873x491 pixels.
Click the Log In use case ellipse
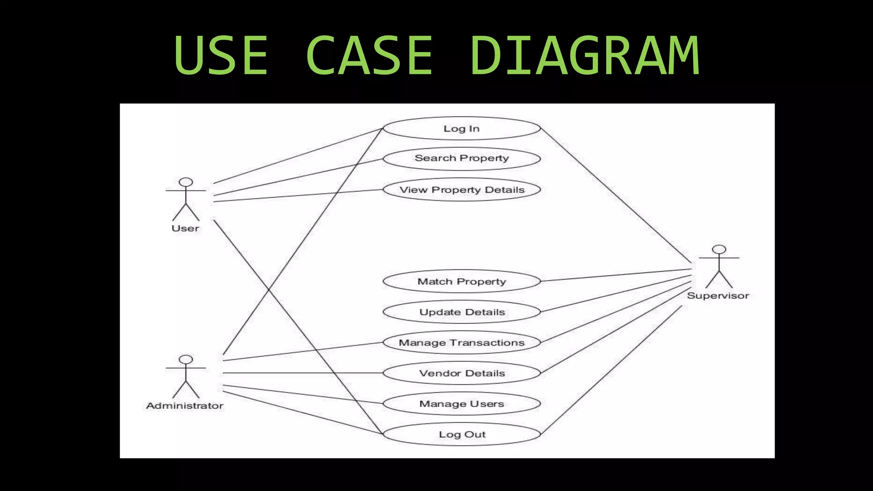coord(462,128)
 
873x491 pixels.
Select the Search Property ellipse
coord(462,159)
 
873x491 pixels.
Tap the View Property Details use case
coord(462,190)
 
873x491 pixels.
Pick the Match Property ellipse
coord(462,281)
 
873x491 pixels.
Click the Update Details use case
coord(462,312)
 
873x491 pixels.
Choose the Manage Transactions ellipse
coord(462,343)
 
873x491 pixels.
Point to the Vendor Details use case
coord(462,373)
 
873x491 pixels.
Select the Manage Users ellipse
coord(462,404)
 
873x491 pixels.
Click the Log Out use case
coord(462,434)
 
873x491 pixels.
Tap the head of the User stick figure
coord(186,182)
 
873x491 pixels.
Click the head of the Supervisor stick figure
coord(719,250)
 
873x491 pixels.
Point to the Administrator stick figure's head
coord(186,360)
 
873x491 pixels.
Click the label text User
coord(185,228)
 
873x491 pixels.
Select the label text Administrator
coord(185,406)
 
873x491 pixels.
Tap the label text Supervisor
coord(718,296)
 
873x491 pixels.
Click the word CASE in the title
coord(369,56)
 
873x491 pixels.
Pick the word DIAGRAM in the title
coord(585,56)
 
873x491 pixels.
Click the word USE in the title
coord(221,56)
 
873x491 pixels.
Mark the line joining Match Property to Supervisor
coord(616,275)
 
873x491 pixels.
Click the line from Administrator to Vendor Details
coord(303,373)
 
